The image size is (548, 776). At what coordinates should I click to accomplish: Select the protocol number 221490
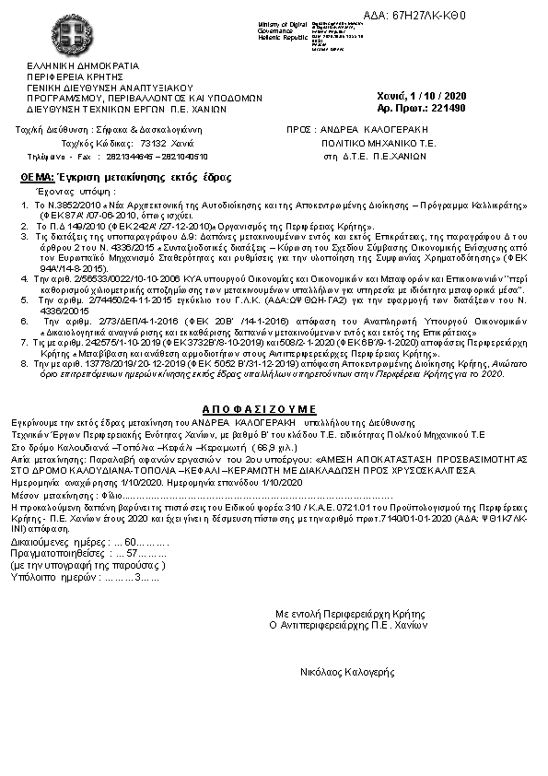(x=449, y=108)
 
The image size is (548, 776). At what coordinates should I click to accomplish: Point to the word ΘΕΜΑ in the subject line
(x=35, y=176)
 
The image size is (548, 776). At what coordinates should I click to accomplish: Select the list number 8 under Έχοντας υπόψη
(x=24, y=365)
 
